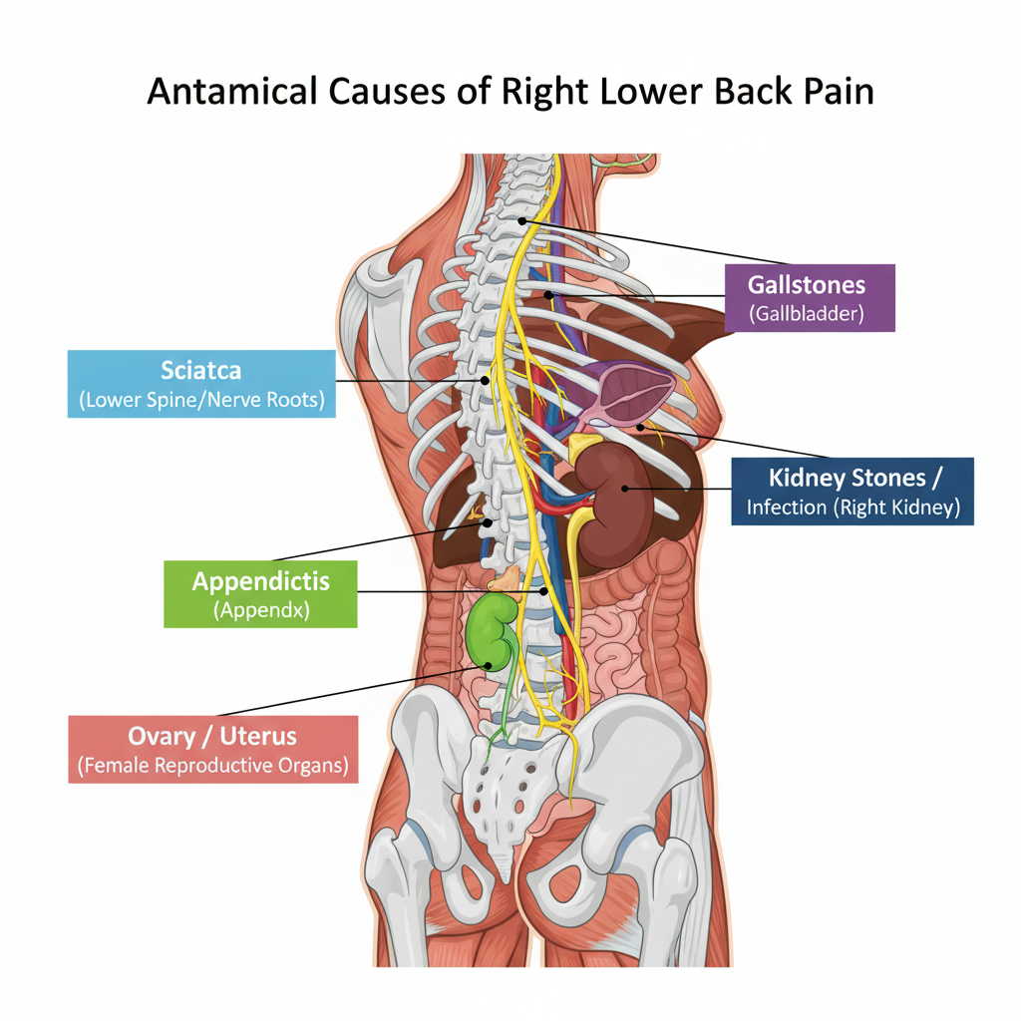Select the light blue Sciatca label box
(x=201, y=384)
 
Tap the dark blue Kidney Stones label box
(x=852, y=491)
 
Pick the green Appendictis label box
(x=260, y=592)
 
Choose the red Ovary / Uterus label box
(x=212, y=749)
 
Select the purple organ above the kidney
(x=630, y=393)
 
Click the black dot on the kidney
(x=625, y=488)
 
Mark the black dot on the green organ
(x=489, y=665)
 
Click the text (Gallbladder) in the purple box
(x=808, y=315)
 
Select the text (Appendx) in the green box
(x=260, y=609)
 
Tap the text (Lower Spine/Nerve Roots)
(x=201, y=401)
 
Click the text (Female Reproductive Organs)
(x=212, y=767)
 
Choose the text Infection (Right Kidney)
(x=852, y=508)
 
